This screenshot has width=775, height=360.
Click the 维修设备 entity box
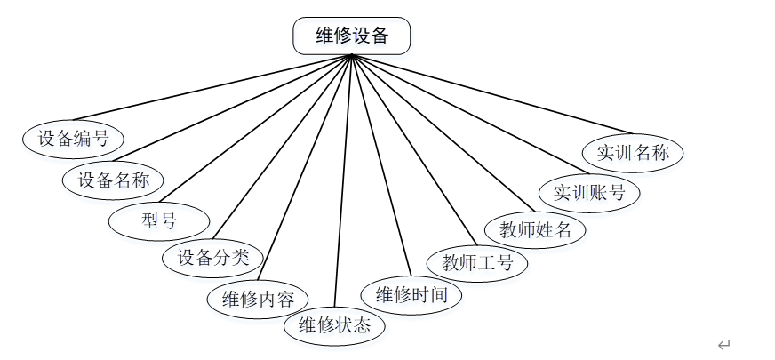point(352,36)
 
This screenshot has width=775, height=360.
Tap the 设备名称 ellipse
point(113,180)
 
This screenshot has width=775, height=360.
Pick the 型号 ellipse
point(159,221)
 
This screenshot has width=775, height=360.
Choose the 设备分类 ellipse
point(212,259)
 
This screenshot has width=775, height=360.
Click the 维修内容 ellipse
point(258,298)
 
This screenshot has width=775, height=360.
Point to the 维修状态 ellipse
point(334,324)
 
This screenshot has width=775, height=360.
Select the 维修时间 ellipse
point(411,294)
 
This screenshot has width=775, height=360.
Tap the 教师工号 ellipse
point(477,262)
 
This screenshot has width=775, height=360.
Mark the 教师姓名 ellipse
point(536,229)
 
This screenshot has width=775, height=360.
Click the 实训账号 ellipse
point(589,192)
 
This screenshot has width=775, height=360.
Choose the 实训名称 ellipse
point(633,152)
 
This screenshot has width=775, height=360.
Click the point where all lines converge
point(352,55)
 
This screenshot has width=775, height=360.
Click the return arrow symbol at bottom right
point(723,345)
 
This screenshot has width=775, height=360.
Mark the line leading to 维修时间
point(382,169)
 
